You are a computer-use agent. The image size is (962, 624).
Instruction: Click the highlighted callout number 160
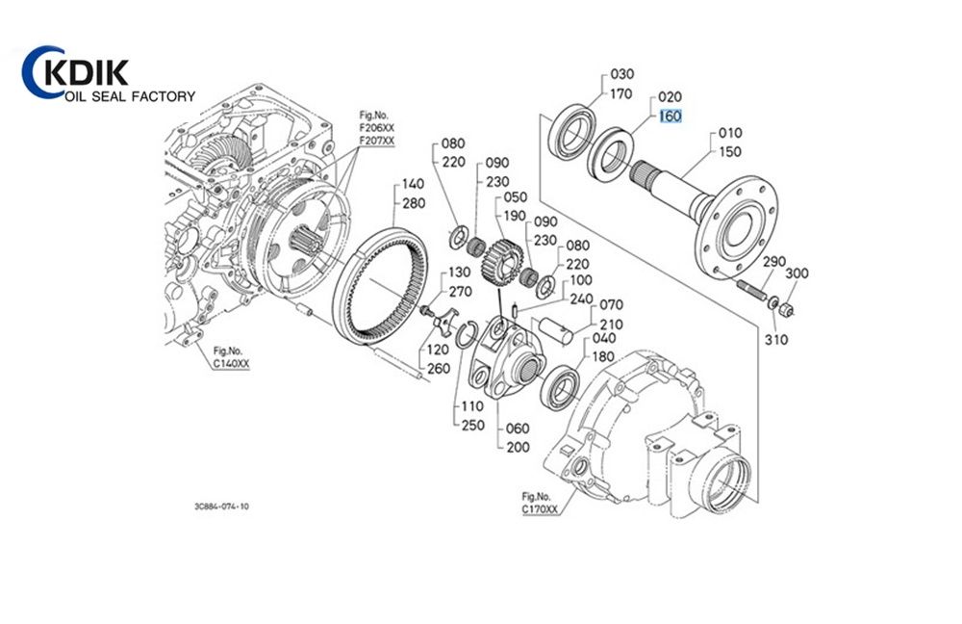(670, 117)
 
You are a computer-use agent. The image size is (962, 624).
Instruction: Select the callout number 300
(797, 273)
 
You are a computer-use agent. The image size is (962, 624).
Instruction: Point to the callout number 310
(776, 339)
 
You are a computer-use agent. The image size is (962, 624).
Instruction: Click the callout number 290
(774, 262)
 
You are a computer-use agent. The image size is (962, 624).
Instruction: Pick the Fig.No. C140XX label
(231, 357)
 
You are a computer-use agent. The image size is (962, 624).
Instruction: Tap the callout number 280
(414, 203)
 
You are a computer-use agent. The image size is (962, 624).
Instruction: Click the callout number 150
(730, 151)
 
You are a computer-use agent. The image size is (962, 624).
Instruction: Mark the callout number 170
(621, 93)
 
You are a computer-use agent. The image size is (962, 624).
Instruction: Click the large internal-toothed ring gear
(386, 290)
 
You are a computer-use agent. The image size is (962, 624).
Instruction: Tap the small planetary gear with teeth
(501, 261)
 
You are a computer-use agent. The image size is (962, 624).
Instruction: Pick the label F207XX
(376, 141)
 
